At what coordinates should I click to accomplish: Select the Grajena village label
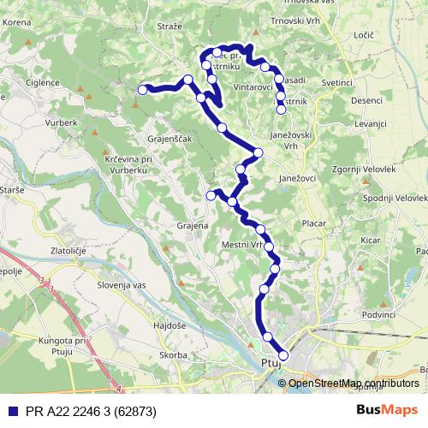(x=192, y=227)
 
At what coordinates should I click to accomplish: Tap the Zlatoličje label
(x=71, y=251)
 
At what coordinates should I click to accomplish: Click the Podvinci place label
(x=379, y=316)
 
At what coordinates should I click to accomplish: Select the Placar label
(x=313, y=223)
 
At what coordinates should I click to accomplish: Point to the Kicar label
(x=370, y=241)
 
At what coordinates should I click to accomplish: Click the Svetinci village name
(x=338, y=83)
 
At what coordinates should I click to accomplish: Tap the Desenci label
(x=366, y=100)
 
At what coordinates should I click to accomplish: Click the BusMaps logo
(x=387, y=410)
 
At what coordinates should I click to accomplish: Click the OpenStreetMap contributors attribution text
(x=354, y=383)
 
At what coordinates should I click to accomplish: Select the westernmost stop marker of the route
(x=143, y=88)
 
